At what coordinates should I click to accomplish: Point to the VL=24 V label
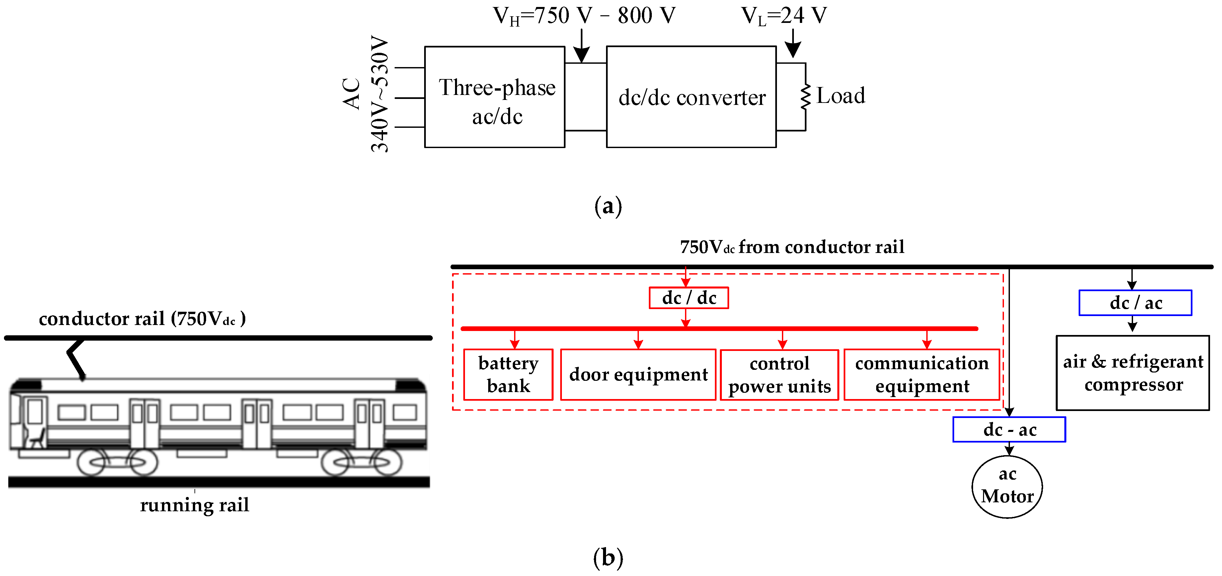coord(784,16)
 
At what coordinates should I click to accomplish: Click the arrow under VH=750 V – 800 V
coord(581,47)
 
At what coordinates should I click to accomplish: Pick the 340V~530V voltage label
coord(379,94)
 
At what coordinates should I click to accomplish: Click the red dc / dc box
coord(688,298)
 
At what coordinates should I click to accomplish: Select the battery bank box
coord(508,374)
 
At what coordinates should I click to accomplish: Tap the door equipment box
coord(638,374)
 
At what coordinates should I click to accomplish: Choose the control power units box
coord(779,375)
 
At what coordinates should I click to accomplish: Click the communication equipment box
coord(922,374)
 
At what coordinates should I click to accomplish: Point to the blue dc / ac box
coord(1135,303)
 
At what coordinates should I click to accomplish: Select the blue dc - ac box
coord(1009,429)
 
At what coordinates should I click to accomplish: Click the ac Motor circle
coord(1007,486)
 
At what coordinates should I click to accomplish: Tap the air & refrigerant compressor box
coord(1132,373)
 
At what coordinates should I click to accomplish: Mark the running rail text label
coord(194,505)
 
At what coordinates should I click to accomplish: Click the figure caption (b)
coord(608,557)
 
